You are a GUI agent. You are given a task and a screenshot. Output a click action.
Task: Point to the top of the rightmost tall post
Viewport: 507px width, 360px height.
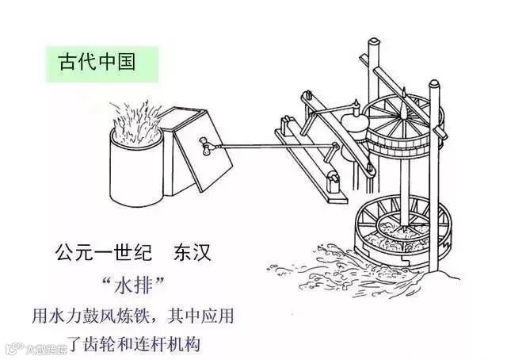[x=432, y=84]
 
